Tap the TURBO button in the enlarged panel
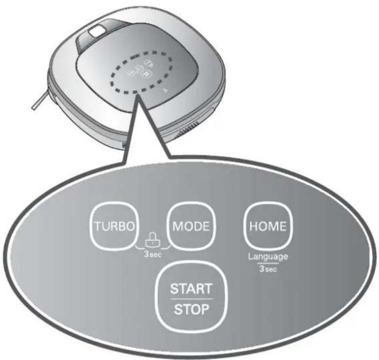coord(114,226)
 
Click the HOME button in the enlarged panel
coord(268,226)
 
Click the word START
coord(191,289)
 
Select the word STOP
coord(191,309)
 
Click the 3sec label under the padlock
coord(153,254)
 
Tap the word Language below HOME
coord(268,257)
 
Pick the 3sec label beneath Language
coord(268,269)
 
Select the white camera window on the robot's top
coord(97,31)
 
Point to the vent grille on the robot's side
coord(187,130)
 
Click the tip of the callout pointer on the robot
coord(138,96)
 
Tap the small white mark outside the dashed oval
coord(165,90)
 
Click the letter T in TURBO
coord(97,226)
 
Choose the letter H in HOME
coord(253,226)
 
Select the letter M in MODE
coord(177,226)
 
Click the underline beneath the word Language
coord(268,263)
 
